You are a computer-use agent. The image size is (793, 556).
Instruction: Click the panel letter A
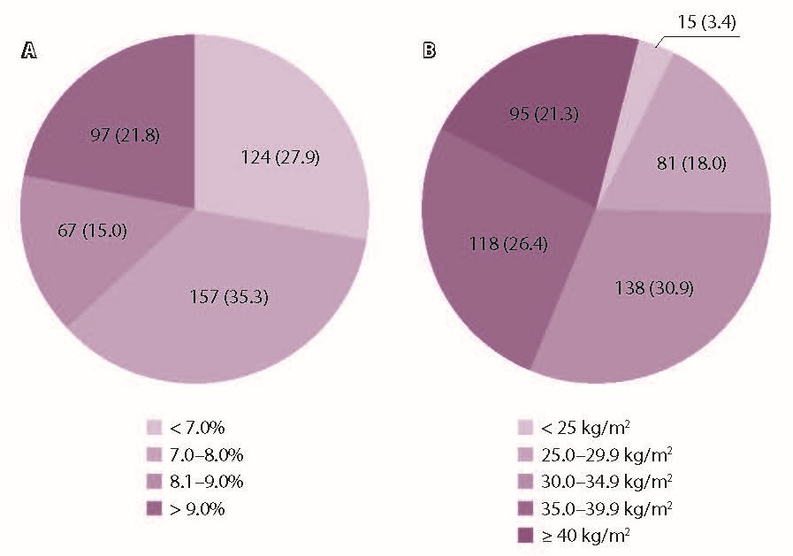pos(29,51)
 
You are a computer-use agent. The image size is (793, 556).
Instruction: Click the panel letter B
pos(430,51)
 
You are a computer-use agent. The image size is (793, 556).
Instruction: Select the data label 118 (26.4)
pos(509,243)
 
